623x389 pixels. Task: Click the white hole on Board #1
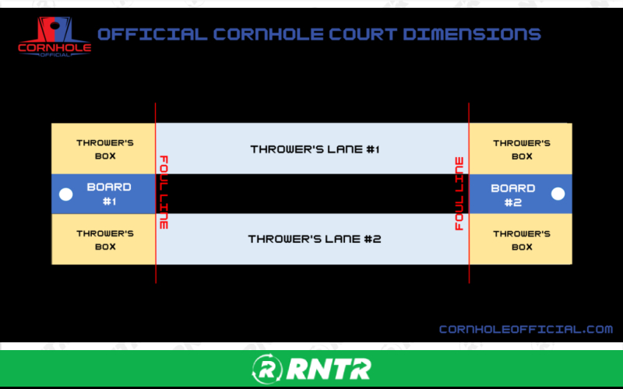[x=66, y=194]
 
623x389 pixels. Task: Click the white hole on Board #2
[x=558, y=194]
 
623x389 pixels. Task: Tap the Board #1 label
[x=109, y=194]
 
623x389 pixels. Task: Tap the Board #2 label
[x=513, y=194]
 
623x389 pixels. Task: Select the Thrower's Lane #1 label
[x=315, y=149]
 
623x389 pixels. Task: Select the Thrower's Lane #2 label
[x=315, y=239]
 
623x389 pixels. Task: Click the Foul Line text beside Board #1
[x=164, y=192]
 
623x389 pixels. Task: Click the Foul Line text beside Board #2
[x=459, y=194]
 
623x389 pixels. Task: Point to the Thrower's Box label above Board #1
[x=105, y=149]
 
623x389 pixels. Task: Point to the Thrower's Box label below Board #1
[x=105, y=240]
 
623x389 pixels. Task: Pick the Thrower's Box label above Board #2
[x=522, y=149]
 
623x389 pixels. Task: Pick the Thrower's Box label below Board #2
[x=522, y=240]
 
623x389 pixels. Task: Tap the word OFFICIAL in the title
[x=153, y=34]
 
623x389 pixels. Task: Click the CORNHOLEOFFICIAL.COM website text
[x=526, y=329]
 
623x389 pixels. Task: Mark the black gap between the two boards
[x=311, y=194]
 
